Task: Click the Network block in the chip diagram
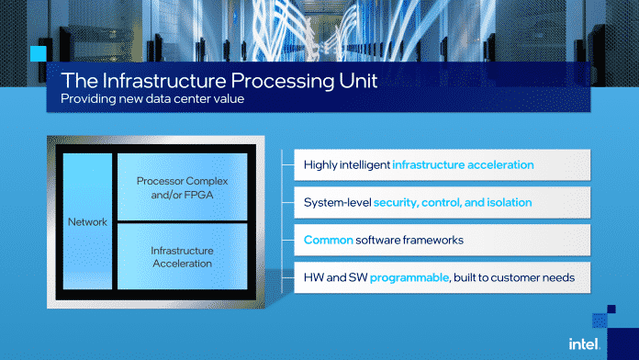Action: point(87,222)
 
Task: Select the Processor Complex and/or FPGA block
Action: point(182,187)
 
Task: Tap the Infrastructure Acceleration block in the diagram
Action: point(182,256)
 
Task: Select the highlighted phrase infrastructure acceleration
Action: point(463,166)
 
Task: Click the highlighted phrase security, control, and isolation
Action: point(453,201)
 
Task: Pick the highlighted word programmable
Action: point(409,276)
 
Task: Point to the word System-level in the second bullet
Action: point(337,201)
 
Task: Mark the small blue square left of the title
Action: point(39,52)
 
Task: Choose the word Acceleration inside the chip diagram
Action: point(182,264)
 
